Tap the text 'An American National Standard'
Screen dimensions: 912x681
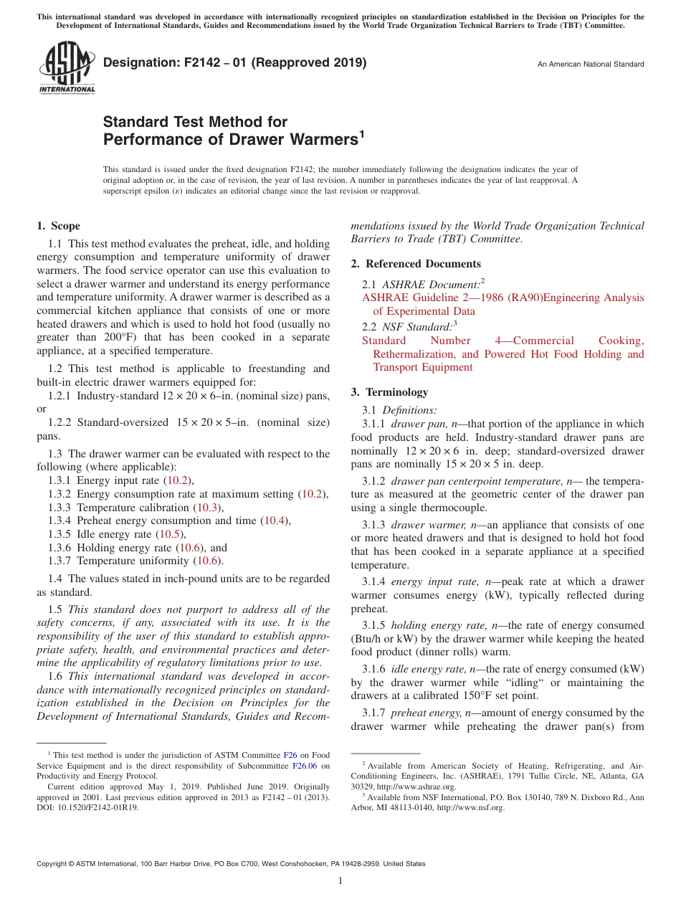click(591, 65)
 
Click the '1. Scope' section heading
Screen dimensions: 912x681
click(58, 226)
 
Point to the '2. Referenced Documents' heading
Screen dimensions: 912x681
click(416, 264)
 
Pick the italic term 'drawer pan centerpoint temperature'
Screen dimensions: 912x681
click(476, 480)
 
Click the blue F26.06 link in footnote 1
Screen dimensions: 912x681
click(304, 766)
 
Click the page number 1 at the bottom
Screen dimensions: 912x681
click(340, 881)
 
